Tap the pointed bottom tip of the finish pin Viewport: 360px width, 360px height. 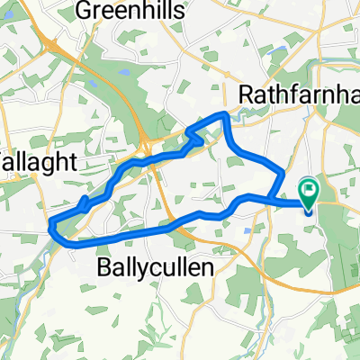click(x=310, y=211)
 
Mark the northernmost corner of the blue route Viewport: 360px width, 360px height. click(x=225, y=113)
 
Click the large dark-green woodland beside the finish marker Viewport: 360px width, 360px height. click(x=337, y=225)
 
